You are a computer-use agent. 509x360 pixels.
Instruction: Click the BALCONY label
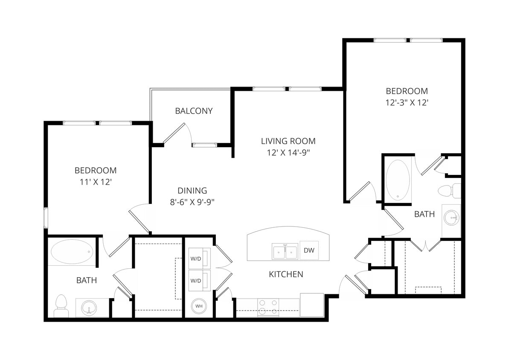tap(194, 111)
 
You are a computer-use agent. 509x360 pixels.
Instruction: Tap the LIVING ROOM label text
tap(288, 141)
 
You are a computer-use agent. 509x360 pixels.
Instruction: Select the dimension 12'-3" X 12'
tap(407, 102)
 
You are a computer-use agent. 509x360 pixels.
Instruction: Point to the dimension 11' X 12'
tap(96, 182)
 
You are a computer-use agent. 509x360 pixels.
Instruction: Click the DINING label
tap(192, 191)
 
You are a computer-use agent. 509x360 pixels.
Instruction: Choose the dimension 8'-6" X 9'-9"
tap(192, 202)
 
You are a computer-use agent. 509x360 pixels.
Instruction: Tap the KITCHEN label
tap(286, 274)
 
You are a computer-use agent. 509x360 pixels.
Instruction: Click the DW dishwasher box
tap(309, 251)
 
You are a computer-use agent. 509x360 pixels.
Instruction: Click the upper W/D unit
tap(199, 258)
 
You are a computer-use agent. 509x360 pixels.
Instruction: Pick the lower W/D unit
tap(199, 280)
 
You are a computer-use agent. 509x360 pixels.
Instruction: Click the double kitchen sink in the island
tap(285, 251)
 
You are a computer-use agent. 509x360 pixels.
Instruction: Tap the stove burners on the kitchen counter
tap(268, 307)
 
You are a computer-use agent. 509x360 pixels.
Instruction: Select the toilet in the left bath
tap(61, 306)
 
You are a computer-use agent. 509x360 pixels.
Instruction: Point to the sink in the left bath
tap(89, 308)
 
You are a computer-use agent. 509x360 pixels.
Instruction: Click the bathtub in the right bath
tap(398, 180)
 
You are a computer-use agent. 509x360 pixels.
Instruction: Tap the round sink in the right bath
tap(451, 218)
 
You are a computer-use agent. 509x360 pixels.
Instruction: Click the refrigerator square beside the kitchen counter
tap(312, 305)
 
